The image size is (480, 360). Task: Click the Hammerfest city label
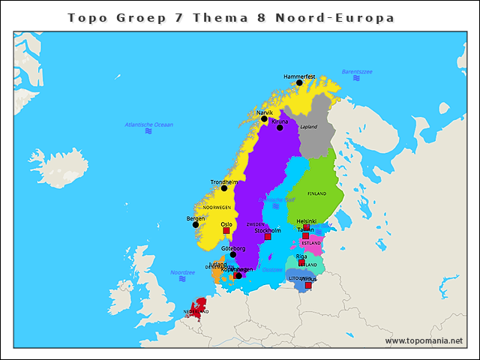299,76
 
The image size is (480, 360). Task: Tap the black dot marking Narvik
264,118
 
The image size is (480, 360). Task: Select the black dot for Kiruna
280,127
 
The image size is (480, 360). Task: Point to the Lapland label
308,127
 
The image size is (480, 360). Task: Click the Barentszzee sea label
357,71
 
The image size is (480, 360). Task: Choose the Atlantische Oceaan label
148,124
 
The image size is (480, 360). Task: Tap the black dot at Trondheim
223,188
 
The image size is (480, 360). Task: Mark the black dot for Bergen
196,224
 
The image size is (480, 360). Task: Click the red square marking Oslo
226,230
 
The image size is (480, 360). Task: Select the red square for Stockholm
268,237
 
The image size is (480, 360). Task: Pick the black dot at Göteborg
233,254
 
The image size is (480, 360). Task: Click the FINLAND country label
317,193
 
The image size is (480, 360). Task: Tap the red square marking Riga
301,262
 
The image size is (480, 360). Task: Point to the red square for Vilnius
308,285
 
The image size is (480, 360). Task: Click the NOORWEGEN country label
217,207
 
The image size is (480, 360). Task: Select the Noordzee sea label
182,272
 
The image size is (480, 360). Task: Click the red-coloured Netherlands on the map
198,309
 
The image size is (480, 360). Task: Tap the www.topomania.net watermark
424,340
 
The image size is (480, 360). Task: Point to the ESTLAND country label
311,243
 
